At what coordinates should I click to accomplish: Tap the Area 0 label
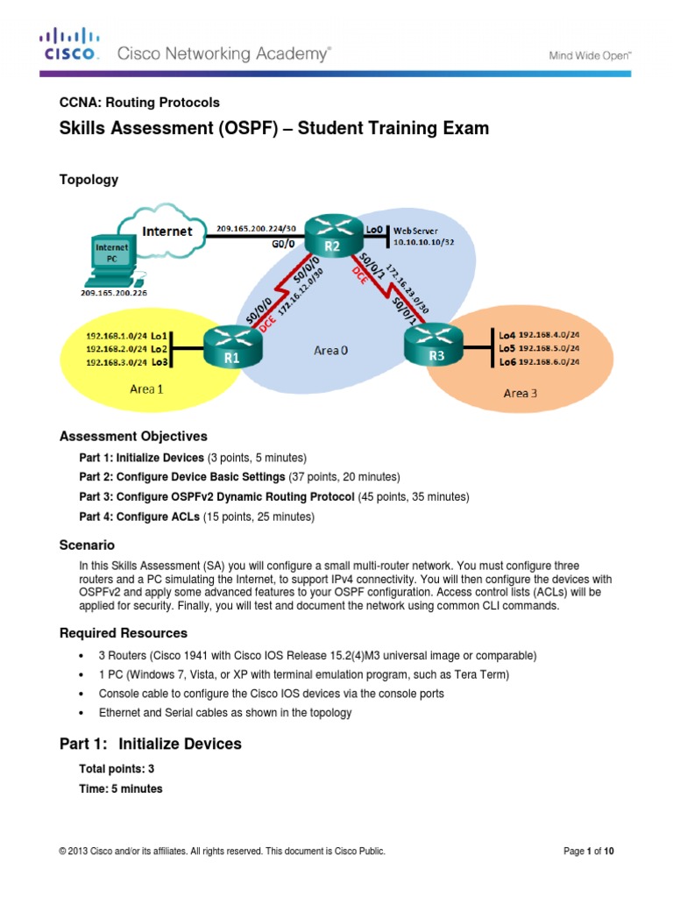(x=330, y=350)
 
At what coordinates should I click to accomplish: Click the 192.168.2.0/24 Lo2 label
(x=126, y=347)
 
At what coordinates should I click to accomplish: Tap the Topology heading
(x=89, y=180)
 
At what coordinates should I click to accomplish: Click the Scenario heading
(x=87, y=545)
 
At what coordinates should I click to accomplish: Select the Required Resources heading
(x=123, y=633)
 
